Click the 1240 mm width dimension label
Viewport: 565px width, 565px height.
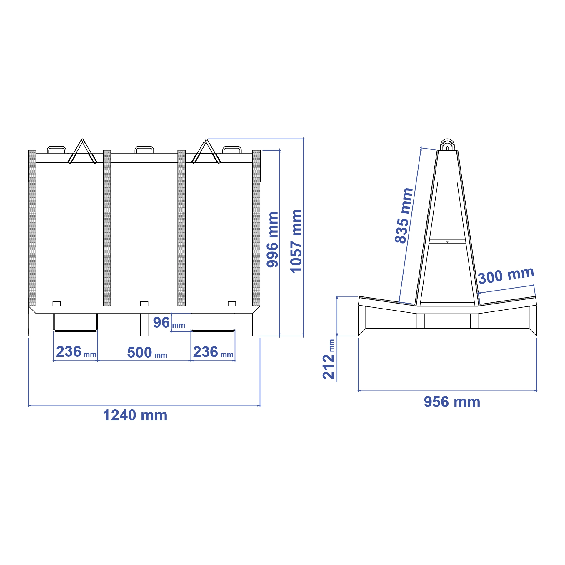(135, 415)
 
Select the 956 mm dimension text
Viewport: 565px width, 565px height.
(452, 402)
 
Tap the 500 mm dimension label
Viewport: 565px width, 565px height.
(147, 352)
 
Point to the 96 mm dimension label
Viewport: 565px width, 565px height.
(169, 323)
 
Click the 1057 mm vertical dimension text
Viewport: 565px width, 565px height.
(296, 241)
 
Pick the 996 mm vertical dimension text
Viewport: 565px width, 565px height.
(273, 239)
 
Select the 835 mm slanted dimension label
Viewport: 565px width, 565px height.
(404, 216)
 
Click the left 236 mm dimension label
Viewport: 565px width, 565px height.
(76, 352)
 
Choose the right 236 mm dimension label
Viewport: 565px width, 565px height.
(213, 352)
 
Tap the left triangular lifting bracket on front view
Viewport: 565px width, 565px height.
(82, 153)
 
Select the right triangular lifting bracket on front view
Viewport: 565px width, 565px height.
(206, 153)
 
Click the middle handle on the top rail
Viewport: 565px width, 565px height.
(144, 149)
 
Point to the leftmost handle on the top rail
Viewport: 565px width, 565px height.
(56, 149)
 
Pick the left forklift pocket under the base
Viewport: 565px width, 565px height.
(76, 322)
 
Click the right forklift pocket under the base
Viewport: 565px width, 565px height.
(213, 322)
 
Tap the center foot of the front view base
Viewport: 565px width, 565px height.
(144, 324)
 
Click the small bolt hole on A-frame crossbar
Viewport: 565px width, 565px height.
(447, 242)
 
